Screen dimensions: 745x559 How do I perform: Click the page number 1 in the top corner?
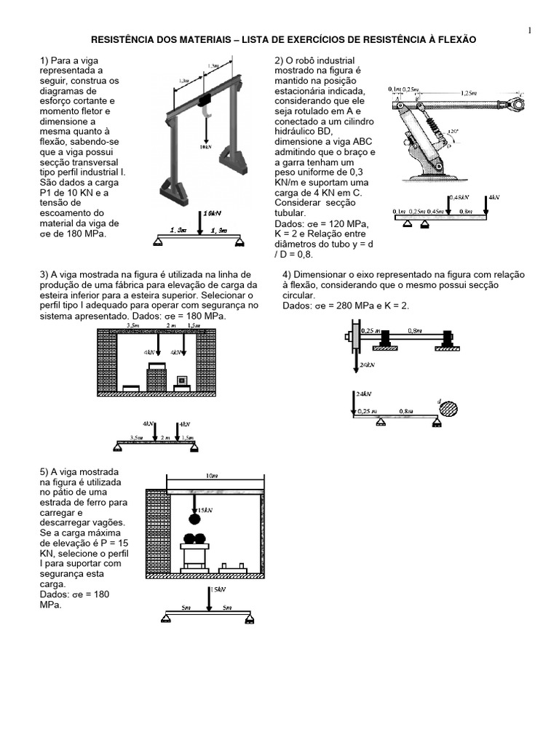coord(530,30)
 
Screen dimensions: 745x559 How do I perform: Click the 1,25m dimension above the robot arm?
coord(469,93)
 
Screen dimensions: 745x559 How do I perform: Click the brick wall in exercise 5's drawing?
coord(156,530)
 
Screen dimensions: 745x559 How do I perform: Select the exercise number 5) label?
coord(44,472)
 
